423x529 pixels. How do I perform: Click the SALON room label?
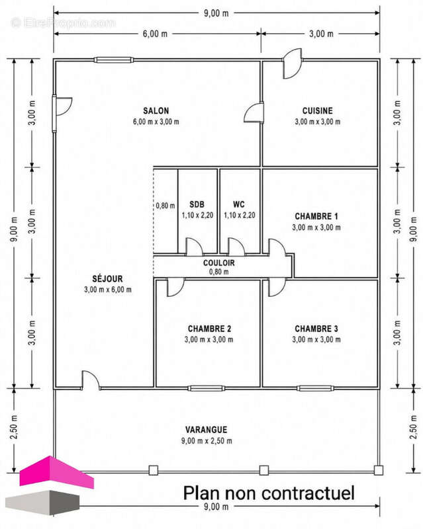pos(156,110)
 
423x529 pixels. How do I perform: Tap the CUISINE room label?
pos(317,110)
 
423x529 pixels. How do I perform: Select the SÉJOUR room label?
pos(107,278)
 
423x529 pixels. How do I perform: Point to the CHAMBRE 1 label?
pos(316,216)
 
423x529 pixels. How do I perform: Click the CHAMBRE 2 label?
pos(209,329)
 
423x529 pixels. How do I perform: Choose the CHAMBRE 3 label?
pos(316,329)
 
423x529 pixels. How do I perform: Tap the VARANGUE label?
pos(206,430)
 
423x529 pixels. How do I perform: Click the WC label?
pos(239,204)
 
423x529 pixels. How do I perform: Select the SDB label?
pos(197,204)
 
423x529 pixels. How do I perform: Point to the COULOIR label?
pos(219,263)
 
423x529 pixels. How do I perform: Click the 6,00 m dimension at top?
pos(155,34)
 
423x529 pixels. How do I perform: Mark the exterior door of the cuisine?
pos(292,63)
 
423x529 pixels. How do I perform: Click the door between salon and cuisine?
pos(254,112)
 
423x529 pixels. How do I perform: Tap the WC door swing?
pos(236,246)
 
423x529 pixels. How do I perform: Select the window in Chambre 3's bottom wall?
pos(316,388)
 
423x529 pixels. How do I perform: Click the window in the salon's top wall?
pos(113,60)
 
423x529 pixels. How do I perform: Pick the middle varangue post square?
pos(264,470)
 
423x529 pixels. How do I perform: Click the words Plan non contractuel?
pos(269,493)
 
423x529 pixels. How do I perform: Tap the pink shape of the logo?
pos(56,471)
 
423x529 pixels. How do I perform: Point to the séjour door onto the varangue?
pos(91,381)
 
